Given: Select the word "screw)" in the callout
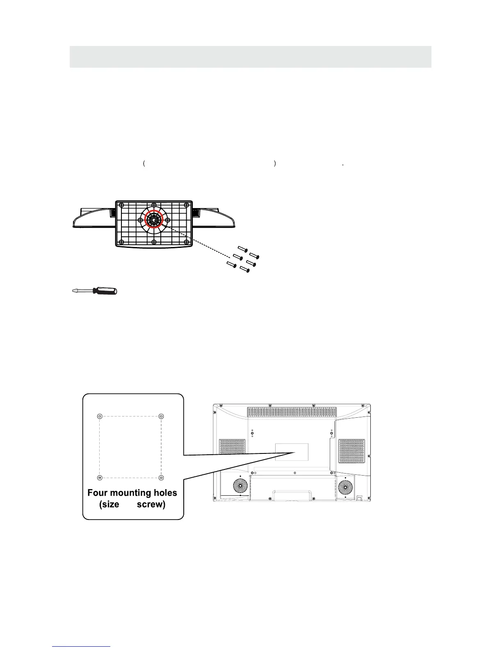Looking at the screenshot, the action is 151,504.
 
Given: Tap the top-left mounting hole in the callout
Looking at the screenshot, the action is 100,417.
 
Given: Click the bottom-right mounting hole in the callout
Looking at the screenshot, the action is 161,478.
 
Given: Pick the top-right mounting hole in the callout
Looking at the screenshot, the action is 161,417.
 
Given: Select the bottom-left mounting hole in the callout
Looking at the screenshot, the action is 100,478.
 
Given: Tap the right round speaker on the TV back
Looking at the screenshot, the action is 345,487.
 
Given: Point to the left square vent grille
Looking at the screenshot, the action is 232,446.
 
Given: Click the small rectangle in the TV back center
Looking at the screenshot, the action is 292,451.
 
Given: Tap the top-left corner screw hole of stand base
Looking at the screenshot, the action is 121,205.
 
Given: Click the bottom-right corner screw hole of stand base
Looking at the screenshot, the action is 186,241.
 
